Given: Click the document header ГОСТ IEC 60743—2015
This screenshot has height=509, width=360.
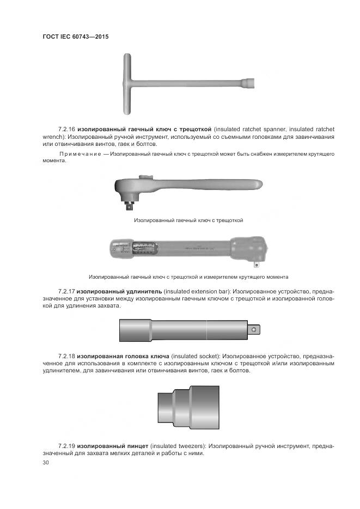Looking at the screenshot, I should point(75,36).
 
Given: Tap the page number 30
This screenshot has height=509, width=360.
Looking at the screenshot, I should point(45,462).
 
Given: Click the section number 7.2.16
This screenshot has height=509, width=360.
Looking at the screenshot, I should point(66,129).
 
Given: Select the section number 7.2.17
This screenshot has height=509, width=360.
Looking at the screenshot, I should point(66,291).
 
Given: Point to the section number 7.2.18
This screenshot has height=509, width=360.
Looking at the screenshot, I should point(66,355).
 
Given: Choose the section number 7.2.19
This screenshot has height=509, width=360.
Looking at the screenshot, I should point(66,446).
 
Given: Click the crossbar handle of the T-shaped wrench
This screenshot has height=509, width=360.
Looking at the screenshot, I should point(127,84).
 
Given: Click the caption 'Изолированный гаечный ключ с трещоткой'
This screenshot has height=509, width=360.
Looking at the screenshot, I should point(188,220).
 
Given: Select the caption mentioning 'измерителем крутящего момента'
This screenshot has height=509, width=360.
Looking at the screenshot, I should point(188,277).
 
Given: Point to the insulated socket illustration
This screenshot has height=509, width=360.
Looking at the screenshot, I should point(188,407).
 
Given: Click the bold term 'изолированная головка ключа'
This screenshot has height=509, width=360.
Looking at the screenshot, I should point(124,355).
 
